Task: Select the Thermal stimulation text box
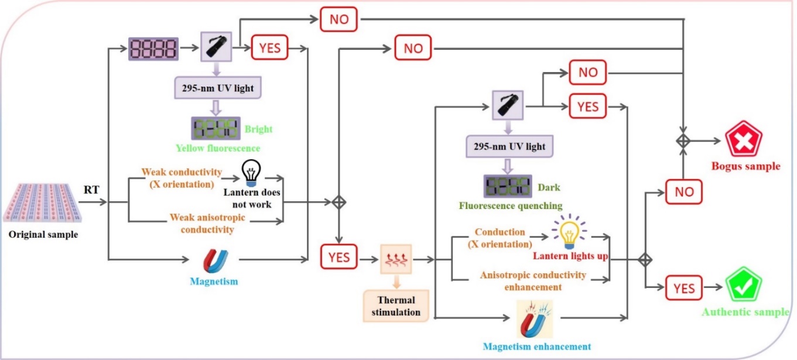(395, 306)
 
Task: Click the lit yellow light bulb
(567, 231)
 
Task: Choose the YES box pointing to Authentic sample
(683, 288)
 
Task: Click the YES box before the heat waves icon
(338, 258)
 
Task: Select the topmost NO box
(338, 20)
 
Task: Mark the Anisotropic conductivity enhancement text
(533, 280)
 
